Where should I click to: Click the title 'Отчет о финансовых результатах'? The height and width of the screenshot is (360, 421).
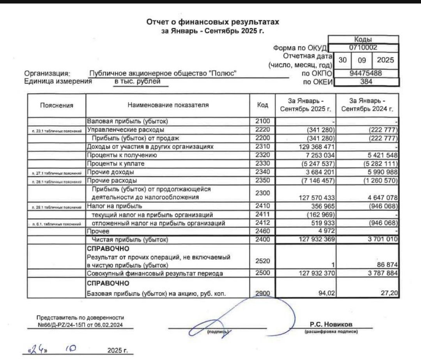coord(212,23)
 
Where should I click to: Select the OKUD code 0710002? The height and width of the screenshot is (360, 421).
coord(363,48)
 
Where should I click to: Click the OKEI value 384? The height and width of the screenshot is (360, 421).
coord(366,82)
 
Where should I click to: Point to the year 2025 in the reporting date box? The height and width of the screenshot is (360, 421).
coord(385,60)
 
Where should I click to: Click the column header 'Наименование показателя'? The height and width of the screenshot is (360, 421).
coord(168,105)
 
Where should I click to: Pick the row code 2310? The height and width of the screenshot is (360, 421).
coord(262,147)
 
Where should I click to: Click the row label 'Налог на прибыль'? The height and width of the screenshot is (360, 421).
coord(109,206)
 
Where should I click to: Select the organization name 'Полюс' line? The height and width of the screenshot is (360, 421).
coord(163,73)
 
